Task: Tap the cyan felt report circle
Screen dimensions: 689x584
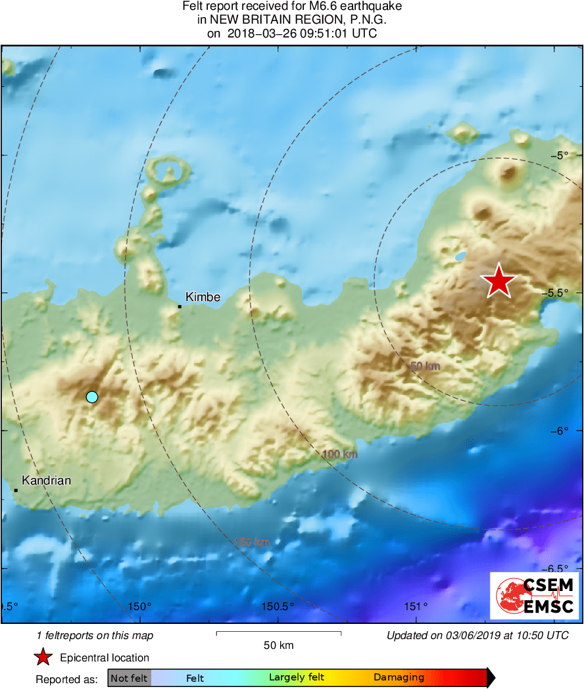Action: pyautogui.click(x=92, y=396)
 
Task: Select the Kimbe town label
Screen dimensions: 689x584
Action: pyautogui.click(x=203, y=297)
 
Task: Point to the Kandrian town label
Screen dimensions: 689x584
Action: pyautogui.click(x=46, y=481)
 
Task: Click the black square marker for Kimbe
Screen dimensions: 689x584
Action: pyautogui.click(x=179, y=306)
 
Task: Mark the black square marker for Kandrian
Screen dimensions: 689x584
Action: pyautogui.click(x=15, y=490)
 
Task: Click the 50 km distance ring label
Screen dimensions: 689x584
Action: pyautogui.click(x=425, y=366)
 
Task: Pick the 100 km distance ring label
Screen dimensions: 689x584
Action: pyautogui.click(x=339, y=454)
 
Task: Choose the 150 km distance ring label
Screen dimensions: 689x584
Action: pyautogui.click(x=252, y=542)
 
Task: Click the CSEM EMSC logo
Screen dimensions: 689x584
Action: pyautogui.click(x=535, y=596)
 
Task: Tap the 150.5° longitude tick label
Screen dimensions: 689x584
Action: pyautogui.click(x=278, y=606)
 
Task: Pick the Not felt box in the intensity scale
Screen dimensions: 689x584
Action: pyautogui.click(x=129, y=678)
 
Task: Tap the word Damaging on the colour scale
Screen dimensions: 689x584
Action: pyautogui.click(x=399, y=678)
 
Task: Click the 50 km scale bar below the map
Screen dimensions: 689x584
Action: pyautogui.click(x=278, y=633)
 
